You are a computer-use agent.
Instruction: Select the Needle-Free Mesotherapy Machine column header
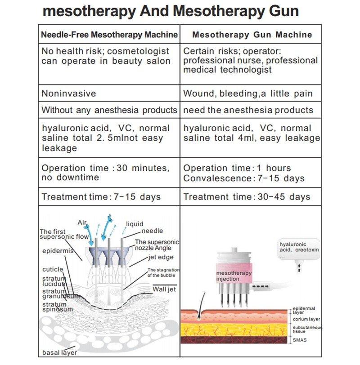(109, 35)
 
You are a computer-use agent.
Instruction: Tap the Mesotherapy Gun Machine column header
(252, 35)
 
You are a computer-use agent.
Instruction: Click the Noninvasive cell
(109, 93)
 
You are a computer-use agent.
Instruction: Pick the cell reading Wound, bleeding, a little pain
(251, 93)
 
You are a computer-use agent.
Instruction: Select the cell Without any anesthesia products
(109, 110)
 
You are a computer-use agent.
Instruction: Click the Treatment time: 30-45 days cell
(251, 197)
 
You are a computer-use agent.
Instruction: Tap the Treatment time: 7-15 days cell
(109, 197)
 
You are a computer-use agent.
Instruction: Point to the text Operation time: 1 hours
(237, 168)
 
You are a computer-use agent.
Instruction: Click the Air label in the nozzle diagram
(82, 223)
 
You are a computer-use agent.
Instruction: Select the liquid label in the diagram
(135, 224)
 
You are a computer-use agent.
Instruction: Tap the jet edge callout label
(161, 257)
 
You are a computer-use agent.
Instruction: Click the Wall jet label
(164, 289)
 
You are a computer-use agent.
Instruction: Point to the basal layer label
(60, 352)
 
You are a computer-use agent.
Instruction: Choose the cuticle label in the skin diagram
(53, 269)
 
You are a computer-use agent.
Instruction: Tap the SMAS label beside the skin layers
(300, 340)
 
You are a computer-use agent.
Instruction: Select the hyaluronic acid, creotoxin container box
(299, 249)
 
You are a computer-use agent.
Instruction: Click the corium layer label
(306, 319)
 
